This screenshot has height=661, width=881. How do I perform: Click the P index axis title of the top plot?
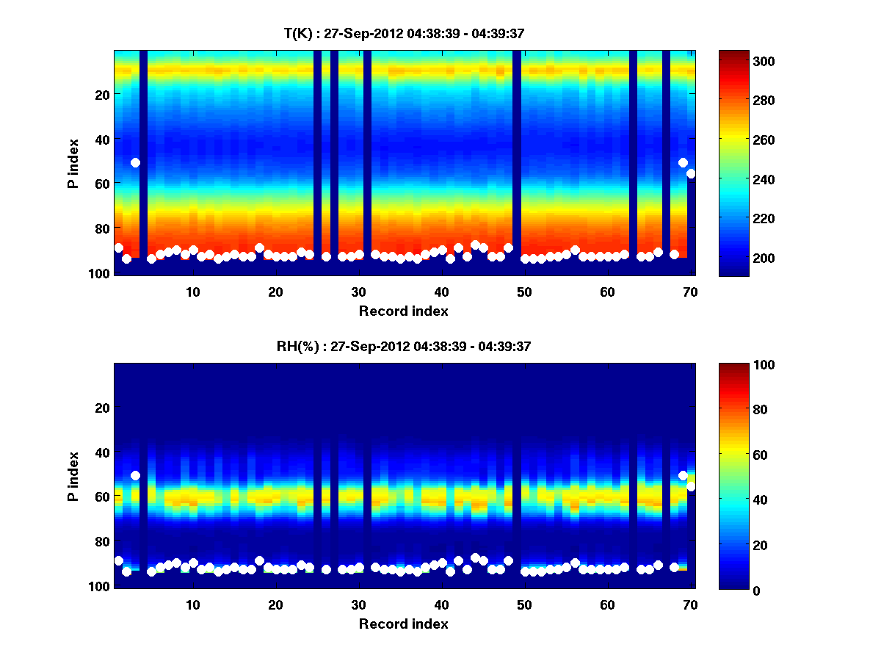click(73, 163)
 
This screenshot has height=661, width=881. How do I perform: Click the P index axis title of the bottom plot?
click(73, 476)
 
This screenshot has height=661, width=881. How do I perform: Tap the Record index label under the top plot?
click(403, 311)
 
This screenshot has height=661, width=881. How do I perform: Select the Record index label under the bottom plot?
click(403, 624)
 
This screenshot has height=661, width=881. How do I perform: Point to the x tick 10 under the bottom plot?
click(192, 604)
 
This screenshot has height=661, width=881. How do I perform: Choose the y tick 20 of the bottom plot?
click(102, 408)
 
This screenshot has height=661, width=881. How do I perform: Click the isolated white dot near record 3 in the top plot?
click(135, 162)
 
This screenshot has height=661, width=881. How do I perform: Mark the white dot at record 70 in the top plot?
click(691, 173)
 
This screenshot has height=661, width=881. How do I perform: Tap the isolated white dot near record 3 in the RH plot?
click(135, 475)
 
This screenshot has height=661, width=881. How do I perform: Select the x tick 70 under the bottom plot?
click(690, 604)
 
